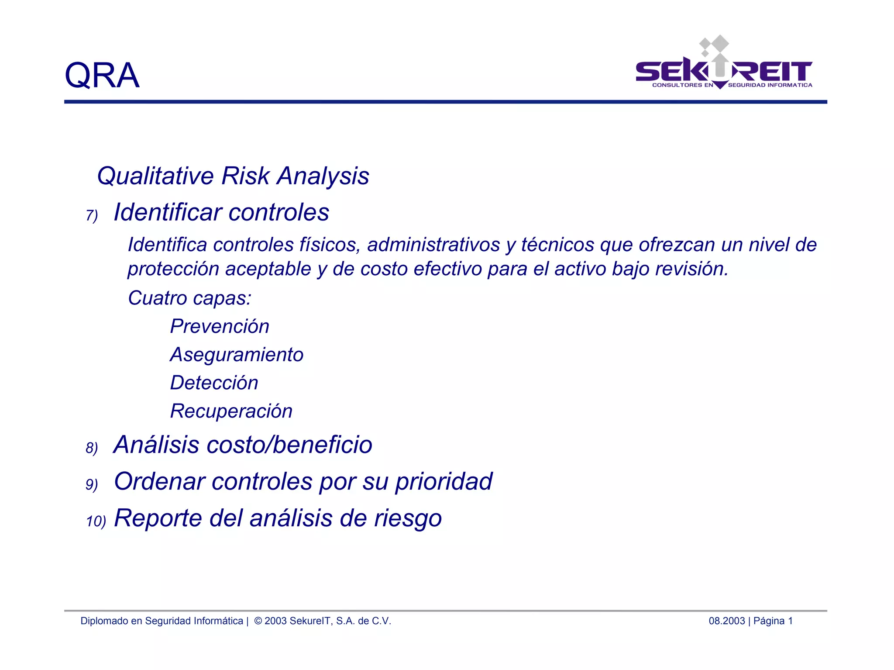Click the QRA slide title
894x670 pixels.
click(102, 75)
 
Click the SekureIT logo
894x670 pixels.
click(724, 66)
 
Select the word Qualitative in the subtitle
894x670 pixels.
click(155, 176)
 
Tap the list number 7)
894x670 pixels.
click(92, 215)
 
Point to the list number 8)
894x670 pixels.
click(92, 448)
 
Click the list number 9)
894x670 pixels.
click(92, 485)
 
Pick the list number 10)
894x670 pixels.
click(96, 521)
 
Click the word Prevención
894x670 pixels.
click(220, 326)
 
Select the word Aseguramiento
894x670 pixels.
click(237, 355)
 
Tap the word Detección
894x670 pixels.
click(214, 383)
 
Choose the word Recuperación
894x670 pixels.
click(231, 411)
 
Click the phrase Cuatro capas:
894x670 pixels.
click(189, 298)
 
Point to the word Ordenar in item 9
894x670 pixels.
click(159, 482)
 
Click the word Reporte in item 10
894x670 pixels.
click(158, 518)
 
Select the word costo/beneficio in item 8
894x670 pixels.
click(289, 445)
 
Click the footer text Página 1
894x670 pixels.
click(773, 621)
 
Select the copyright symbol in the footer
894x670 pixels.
click(258, 621)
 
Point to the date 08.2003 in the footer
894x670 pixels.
click(726, 621)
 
